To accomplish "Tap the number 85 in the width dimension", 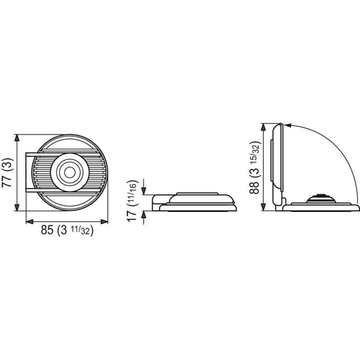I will [48, 231].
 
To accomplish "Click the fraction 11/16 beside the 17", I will [137, 194].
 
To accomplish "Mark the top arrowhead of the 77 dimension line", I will [17, 137].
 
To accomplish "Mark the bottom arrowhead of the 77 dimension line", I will [17, 208].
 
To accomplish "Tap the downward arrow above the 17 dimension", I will [144, 191].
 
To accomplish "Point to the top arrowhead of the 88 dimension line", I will [263, 126].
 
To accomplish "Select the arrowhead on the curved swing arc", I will [289, 124].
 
